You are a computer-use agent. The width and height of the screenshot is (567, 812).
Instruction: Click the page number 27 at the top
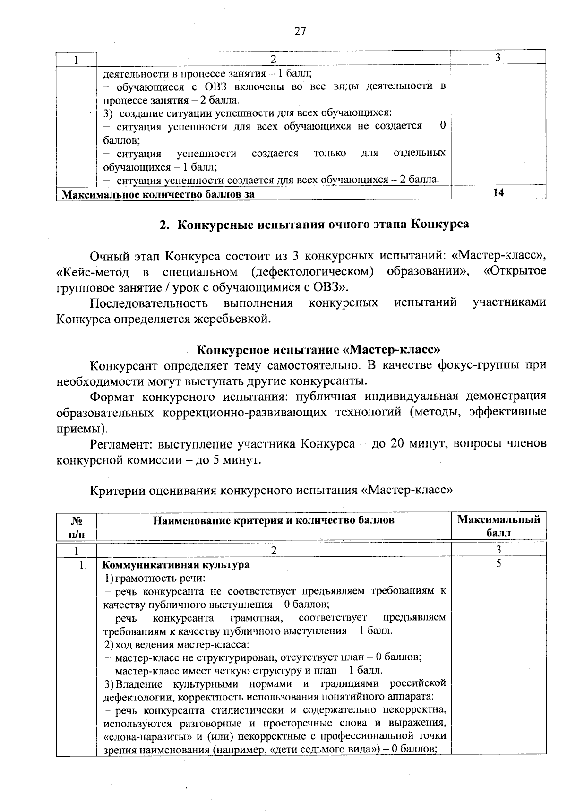coord(300,32)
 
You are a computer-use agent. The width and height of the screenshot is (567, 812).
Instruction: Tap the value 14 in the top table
coord(498,192)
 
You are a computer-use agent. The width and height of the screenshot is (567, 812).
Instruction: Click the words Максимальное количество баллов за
coord(159,194)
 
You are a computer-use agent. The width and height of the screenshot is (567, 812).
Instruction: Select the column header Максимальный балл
coord(498,526)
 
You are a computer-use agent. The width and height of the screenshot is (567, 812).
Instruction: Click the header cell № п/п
coord(76,526)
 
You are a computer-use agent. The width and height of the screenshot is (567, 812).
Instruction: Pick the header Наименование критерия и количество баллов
coord(274,520)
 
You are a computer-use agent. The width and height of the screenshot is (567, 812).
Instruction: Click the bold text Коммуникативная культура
coord(176,565)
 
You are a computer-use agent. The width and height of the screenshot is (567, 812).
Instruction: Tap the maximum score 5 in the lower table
coord(498,564)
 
